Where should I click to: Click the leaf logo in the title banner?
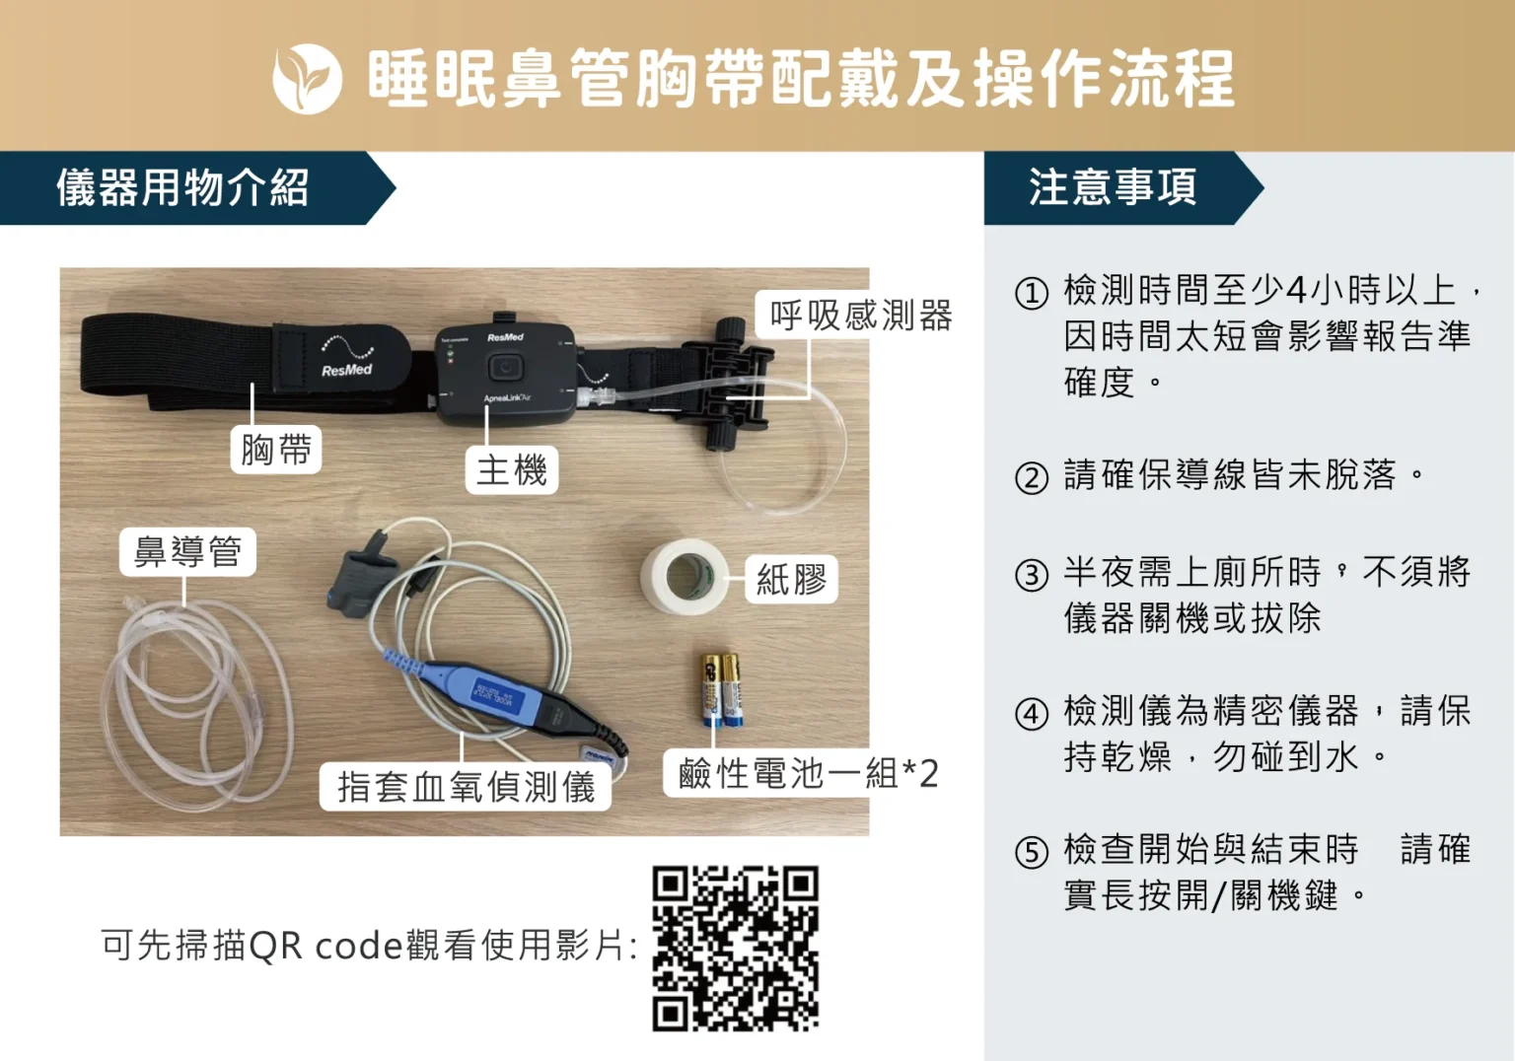coord(307,79)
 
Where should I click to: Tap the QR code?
coord(735,949)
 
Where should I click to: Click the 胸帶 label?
coord(276,450)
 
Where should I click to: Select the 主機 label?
coord(511,469)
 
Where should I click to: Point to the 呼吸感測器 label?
coord(860,316)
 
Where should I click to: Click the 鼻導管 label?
coord(187,551)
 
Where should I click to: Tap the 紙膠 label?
coord(791,579)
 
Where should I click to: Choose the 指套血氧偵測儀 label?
coord(466,787)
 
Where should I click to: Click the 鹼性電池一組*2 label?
coord(807,774)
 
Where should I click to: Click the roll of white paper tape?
coord(684,576)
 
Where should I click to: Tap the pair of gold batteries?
coord(720,688)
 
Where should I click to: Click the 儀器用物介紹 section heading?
coord(183,187)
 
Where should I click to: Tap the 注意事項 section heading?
coord(1113,187)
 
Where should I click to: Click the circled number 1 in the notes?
coord(1032,293)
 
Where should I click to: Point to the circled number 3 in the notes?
coord(1032,575)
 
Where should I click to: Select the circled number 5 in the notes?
coord(1032,852)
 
